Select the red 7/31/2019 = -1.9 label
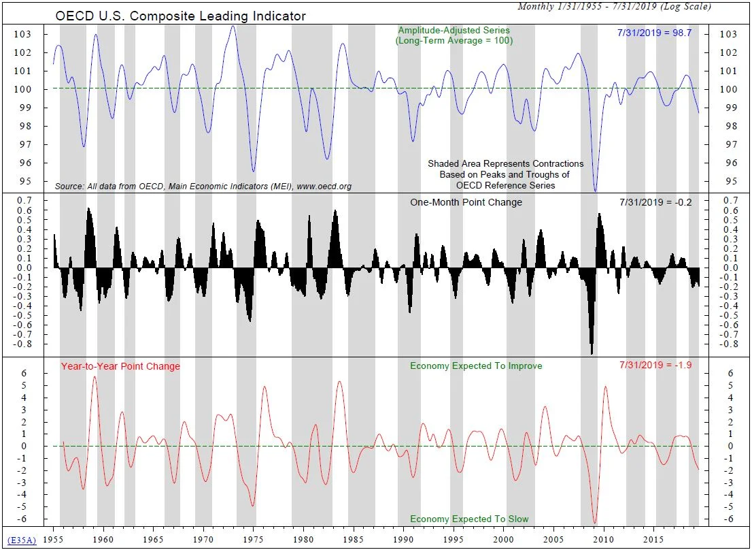point(655,366)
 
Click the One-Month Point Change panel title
point(466,202)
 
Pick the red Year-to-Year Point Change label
point(120,366)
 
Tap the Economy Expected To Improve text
point(476,366)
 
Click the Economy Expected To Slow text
point(469,519)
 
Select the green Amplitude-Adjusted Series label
point(454,31)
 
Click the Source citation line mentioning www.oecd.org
point(203,186)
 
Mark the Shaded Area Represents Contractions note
point(505,163)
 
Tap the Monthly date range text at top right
point(614,6)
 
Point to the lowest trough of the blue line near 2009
point(596,191)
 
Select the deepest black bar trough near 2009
point(592,353)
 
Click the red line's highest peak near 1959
point(95,376)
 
